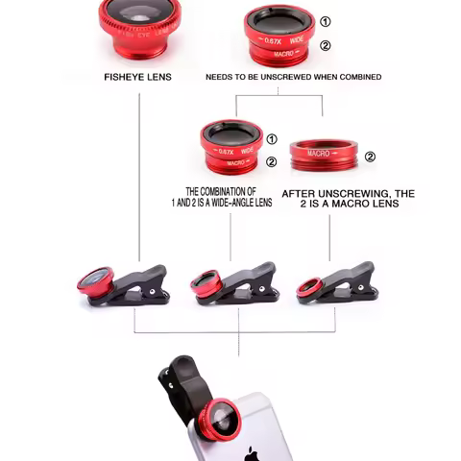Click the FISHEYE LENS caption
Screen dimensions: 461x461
pyautogui.click(x=137, y=77)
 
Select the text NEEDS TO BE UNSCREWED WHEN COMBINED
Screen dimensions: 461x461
pyautogui.click(x=293, y=77)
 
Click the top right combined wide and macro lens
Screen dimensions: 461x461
pyautogui.click(x=279, y=36)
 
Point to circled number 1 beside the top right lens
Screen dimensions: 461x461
pyautogui.click(x=326, y=22)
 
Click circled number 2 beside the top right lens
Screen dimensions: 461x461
pyautogui.click(x=326, y=45)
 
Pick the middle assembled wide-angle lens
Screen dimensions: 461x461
pyautogui.click(x=230, y=147)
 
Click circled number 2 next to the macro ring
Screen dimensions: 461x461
pyautogui.click(x=370, y=158)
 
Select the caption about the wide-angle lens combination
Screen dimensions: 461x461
pyautogui.click(x=229, y=197)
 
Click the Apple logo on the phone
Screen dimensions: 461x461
pyautogui.click(x=252, y=452)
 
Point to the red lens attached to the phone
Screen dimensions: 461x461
pyautogui.click(x=221, y=421)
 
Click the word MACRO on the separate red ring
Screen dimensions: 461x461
pyautogui.click(x=318, y=154)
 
